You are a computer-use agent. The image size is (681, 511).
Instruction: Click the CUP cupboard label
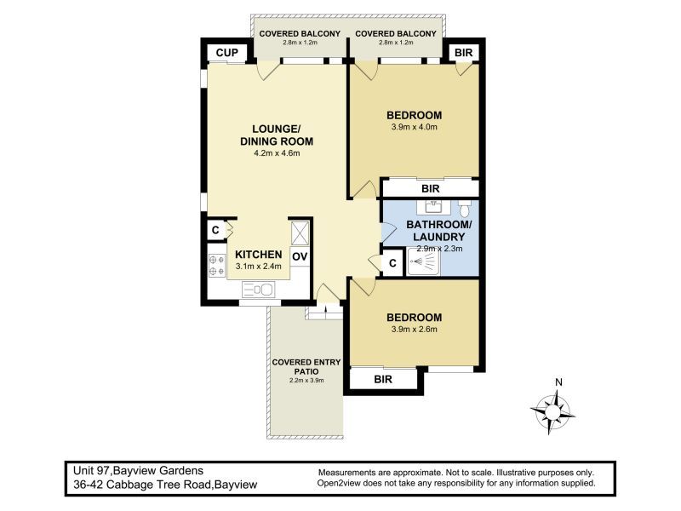coord(226,53)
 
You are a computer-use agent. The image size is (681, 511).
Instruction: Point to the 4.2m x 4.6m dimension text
coord(277,154)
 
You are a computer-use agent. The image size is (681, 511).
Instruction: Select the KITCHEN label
coord(258,255)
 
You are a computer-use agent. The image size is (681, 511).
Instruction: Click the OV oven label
coord(300,255)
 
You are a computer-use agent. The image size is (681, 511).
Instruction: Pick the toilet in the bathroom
coord(464,207)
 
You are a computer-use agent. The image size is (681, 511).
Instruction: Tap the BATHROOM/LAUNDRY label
coord(438,230)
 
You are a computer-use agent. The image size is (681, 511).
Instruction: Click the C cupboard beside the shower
coord(392,263)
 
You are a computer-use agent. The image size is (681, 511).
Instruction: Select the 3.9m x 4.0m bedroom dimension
coord(413,128)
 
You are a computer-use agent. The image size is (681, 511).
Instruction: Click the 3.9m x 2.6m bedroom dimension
coord(413,330)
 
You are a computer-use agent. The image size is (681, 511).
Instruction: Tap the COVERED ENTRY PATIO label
coord(306,367)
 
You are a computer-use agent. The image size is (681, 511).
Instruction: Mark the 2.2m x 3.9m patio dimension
coord(306,381)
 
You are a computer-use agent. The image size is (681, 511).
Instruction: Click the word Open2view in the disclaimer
coord(342,483)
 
